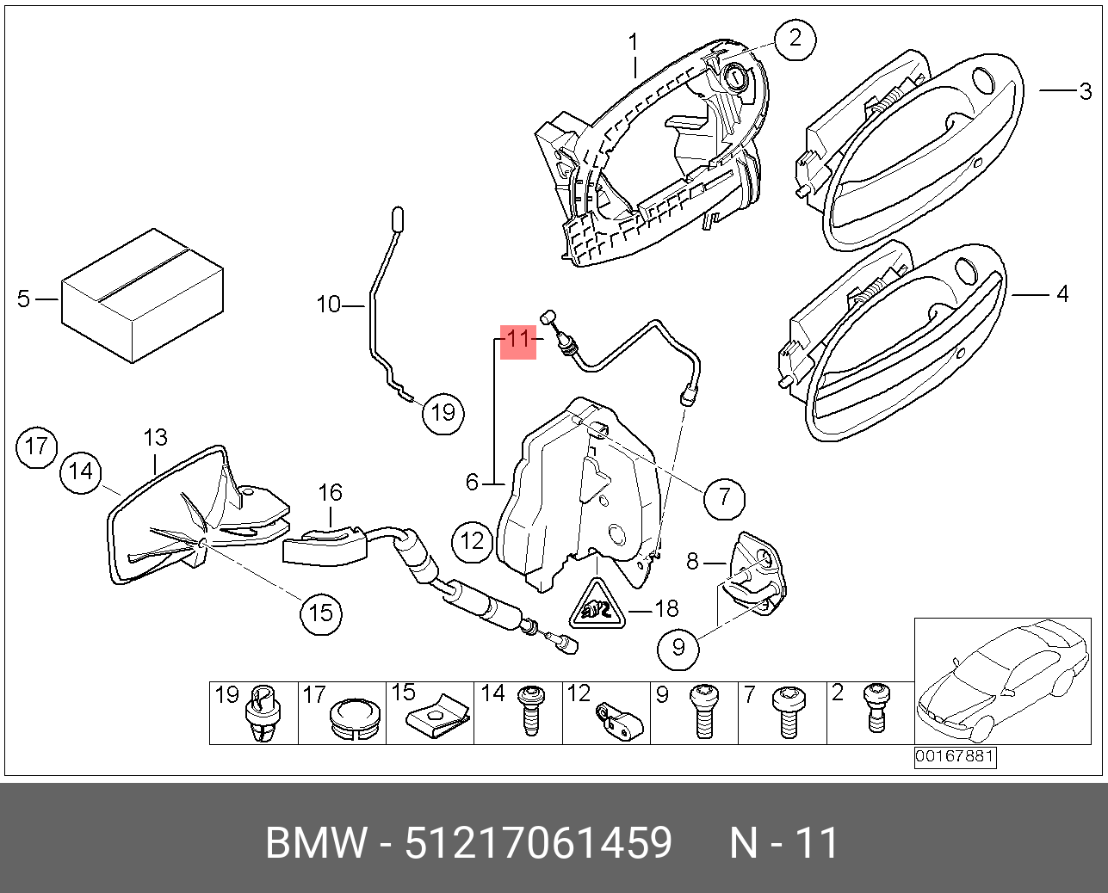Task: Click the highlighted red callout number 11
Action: click(517, 340)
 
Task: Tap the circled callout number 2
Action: click(794, 39)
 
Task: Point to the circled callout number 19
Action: click(443, 413)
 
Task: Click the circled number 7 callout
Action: click(724, 497)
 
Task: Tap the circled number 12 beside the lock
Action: click(473, 541)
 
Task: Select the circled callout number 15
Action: click(320, 613)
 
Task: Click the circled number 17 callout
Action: click(36, 446)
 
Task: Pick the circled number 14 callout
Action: click(81, 471)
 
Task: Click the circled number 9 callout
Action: click(678, 647)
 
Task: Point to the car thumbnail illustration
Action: click(1002, 681)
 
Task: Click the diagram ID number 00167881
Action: click(955, 757)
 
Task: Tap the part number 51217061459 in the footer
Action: click(538, 842)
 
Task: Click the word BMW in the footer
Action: click(315, 842)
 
